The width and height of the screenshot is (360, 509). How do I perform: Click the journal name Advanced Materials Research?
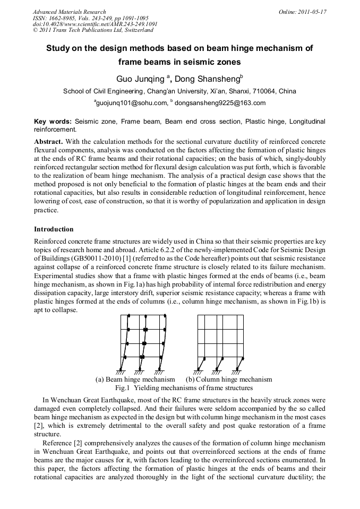point(69,12)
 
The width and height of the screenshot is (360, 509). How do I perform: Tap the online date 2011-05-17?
point(312,12)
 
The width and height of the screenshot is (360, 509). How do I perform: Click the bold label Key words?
point(52,122)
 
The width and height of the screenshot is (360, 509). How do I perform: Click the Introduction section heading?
point(54,229)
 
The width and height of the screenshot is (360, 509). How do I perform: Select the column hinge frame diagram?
point(221,342)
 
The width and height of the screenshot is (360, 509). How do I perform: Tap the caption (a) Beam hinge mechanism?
point(135,379)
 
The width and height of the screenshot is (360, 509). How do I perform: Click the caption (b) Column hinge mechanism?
point(229,379)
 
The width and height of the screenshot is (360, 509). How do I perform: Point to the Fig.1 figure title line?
point(180,388)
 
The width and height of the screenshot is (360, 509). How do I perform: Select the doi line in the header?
point(95,24)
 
